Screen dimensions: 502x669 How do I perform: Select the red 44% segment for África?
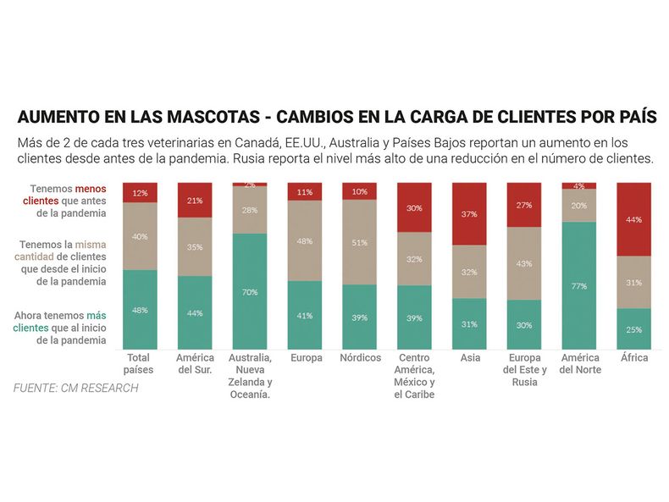click(x=634, y=219)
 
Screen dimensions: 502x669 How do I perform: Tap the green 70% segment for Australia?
click(x=250, y=291)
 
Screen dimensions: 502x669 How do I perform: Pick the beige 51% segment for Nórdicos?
click(x=360, y=242)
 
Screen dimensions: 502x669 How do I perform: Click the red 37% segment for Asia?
click(x=469, y=214)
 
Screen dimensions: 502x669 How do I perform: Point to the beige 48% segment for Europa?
click(x=305, y=240)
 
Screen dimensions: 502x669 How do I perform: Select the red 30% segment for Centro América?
click(x=414, y=207)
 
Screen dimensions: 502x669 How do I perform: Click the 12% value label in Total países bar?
click(x=141, y=193)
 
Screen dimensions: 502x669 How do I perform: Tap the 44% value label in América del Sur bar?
click(x=195, y=313)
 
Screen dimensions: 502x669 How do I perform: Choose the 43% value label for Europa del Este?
click(x=524, y=263)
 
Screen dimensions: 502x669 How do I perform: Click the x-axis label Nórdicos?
click(x=360, y=358)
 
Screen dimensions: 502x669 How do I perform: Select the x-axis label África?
click(x=634, y=358)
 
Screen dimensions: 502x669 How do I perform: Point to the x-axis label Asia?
click(x=469, y=358)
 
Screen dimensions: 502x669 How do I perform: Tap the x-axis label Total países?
click(x=139, y=364)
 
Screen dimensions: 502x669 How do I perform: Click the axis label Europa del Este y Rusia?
click(x=525, y=370)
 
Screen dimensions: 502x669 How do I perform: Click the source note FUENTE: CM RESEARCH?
click(x=75, y=388)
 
